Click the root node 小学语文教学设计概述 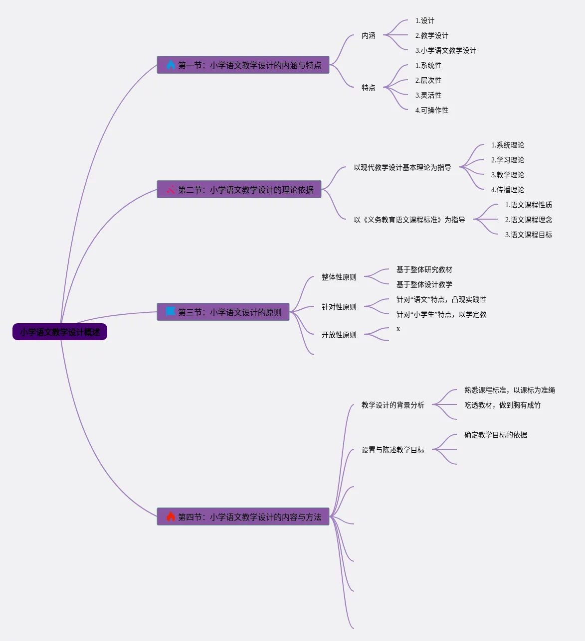60,332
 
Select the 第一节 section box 243,65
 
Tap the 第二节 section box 239,190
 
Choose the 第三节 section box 223,312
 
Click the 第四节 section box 243,517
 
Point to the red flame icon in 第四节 171,516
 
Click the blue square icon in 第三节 171,312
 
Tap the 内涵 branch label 369,36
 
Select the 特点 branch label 369,88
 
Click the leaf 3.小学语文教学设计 445,51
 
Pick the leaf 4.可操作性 431,111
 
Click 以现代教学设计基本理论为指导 402,168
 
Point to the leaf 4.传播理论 507,190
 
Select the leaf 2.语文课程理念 528,220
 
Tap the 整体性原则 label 339,277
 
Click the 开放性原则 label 339,335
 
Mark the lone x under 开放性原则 398,329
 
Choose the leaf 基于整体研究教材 424,270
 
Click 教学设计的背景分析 392,405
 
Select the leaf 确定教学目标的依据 495,435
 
